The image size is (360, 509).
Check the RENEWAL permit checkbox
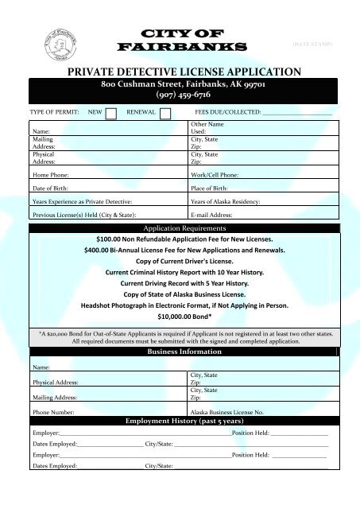tap(165, 114)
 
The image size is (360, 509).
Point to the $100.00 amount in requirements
tap(114, 239)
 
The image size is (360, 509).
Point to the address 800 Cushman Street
tap(143, 83)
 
